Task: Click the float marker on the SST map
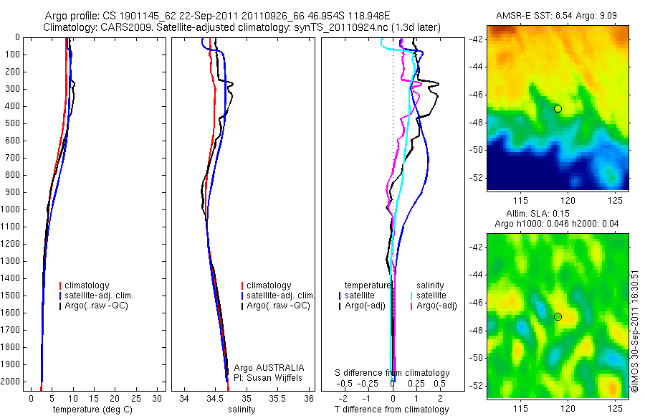[x=558, y=108]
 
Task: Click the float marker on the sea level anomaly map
[x=558, y=316]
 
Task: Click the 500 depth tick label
[x=11, y=123]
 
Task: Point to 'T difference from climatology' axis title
[x=391, y=410]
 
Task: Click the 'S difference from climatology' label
[x=393, y=373]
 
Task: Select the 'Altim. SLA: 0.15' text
[x=558, y=214]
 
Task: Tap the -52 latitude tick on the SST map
[x=477, y=177]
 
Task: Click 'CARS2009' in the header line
[x=128, y=27]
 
